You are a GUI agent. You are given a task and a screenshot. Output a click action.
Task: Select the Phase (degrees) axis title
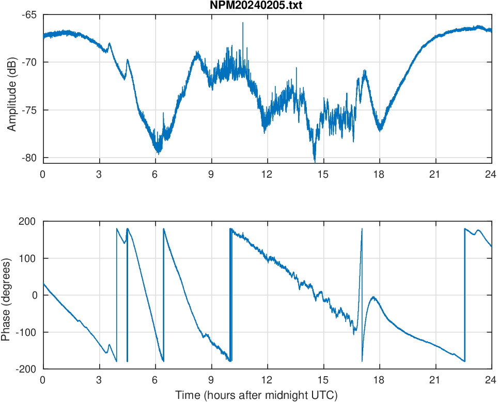[x=6, y=295]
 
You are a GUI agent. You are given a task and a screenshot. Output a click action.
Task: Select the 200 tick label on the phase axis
[x=27, y=221]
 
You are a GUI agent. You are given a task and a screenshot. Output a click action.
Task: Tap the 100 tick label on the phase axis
[x=27, y=258]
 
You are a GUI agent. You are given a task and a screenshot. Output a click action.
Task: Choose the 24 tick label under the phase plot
[x=491, y=380]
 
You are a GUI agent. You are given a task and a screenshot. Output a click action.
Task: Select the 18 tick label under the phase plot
[x=379, y=380]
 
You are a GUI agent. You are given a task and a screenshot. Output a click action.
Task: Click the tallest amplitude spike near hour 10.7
[x=242, y=23]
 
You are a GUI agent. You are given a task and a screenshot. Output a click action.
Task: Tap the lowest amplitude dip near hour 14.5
[x=314, y=161]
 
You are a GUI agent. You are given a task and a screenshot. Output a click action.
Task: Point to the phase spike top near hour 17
[x=362, y=228]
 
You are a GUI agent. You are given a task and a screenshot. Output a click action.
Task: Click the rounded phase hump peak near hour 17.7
[x=373, y=297]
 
